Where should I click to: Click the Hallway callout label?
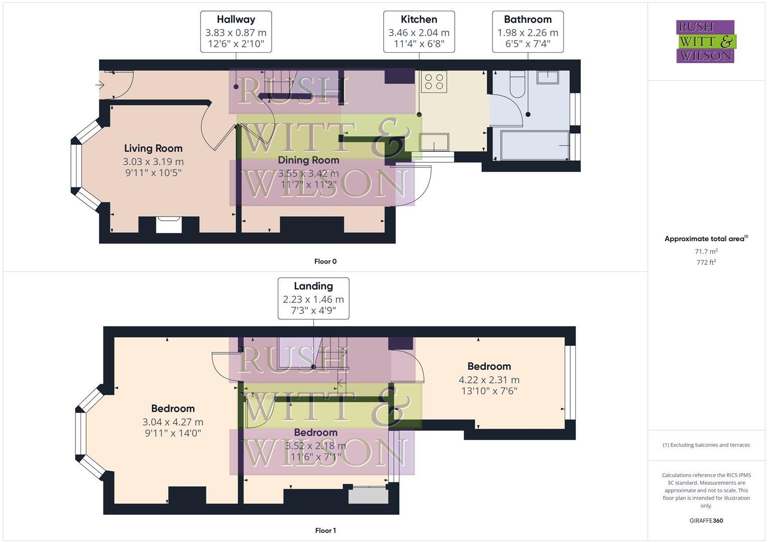pyautogui.click(x=236, y=20)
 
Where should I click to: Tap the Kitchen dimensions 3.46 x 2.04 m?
pyautogui.click(x=418, y=33)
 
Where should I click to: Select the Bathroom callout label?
pyautogui.click(x=528, y=20)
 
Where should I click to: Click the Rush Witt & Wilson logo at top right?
pyautogui.click(x=705, y=42)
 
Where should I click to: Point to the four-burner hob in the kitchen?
pyautogui.click(x=434, y=82)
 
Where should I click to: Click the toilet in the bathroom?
pyautogui.click(x=518, y=84)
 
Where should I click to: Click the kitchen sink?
pyautogui.click(x=434, y=142)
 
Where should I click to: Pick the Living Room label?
pyautogui.click(x=153, y=148)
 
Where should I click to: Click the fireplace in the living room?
pyautogui.click(x=168, y=224)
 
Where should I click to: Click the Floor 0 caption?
pyautogui.click(x=325, y=261)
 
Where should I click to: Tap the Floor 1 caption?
pyautogui.click(x=325, y=530)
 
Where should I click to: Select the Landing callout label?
pyautogui.click(x=313, y=286)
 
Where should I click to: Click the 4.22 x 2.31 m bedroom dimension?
pyautogui.click(x=489, y=380)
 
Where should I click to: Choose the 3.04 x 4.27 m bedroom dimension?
pyautogui.click(x=173, y=422)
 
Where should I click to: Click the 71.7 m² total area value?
pyautogui.click(x=706, y=251)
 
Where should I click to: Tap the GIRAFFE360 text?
pyautogui.click(x=706, y=521)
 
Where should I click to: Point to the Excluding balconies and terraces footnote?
pyautogui.click(x=706, y=445)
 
